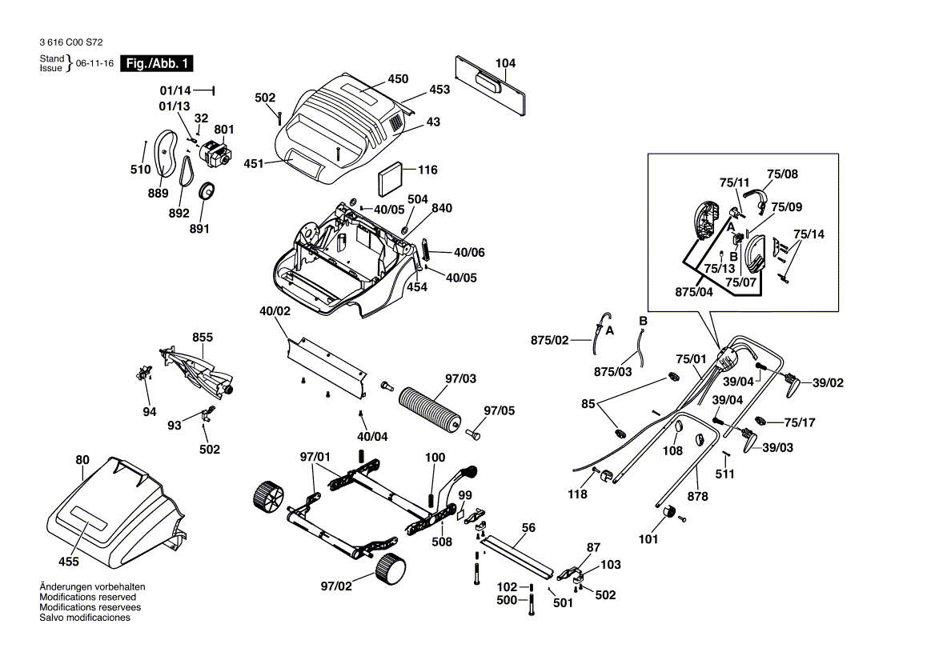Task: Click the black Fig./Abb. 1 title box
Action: pyautogui.click(x=156, y=64)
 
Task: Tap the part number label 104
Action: pyautogui.click(x=505, y=63)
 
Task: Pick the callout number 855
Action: pyautogui.click(x=203, y=337)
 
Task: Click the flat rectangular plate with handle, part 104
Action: pyautogui.click(x=490, y=85)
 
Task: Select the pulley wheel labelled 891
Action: pyautogui.click(x=207, y=193)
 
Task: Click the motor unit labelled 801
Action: pyautogui.click(x=214, y=153)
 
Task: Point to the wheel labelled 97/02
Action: pyautogui.click(x=391, y=568)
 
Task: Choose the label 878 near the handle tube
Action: pyautogui.click(x=698, y=496)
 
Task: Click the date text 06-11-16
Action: pyautogui.click(x=94, y=63)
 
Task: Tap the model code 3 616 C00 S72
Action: pyautogui.click(x=71, y=42)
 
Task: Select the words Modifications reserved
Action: pyautogui.click(x=88, y=597)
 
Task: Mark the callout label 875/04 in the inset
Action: pyautogui.click(x=694, y=292)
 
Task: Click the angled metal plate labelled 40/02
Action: pyautogui.click(x=327, y=367)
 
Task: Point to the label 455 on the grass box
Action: pyautogui.click(x=69, y=562)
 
